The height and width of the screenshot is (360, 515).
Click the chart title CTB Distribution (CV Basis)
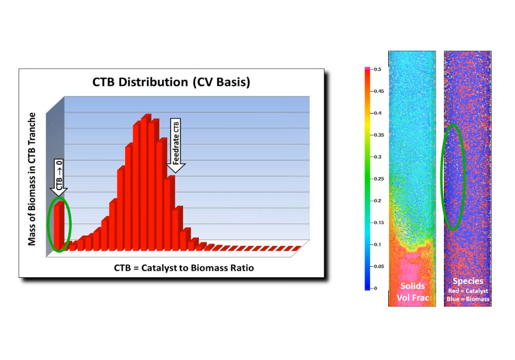171,83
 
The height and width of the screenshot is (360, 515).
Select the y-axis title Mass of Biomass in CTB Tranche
33,179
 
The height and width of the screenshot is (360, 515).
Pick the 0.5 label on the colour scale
377,69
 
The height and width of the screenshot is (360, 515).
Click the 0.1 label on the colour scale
377,244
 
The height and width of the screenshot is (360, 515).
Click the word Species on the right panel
468,281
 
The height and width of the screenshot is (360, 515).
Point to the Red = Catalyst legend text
468,291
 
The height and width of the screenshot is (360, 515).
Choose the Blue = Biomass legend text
468,299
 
